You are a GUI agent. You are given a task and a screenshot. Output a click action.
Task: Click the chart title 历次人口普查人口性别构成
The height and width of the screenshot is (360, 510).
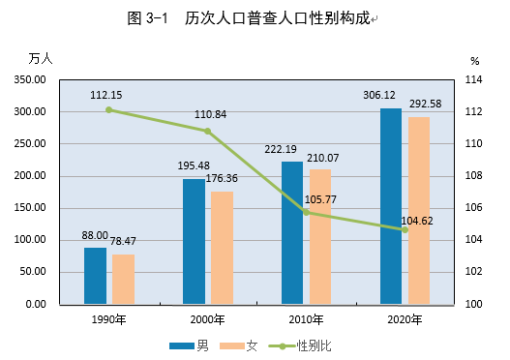tap(278, 18)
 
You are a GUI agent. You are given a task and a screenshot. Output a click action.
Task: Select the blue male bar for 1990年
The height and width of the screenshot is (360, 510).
tap(95, 276)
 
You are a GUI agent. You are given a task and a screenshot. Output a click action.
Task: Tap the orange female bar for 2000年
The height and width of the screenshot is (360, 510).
tap(223, 248)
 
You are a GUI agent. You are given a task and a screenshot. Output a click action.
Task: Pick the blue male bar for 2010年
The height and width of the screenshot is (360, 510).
tap(292, 233)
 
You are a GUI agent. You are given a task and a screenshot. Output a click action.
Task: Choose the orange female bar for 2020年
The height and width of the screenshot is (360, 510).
tap(419, 210)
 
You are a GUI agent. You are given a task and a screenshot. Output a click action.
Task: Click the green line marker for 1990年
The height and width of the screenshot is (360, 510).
tap(109, 110)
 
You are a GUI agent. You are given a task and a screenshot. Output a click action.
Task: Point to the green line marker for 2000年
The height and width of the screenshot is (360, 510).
tap(207, 131)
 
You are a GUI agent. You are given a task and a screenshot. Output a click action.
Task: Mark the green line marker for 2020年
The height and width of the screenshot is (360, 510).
tap(405, 230)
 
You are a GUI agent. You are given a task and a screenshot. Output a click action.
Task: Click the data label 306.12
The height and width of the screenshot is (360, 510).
tap(379, 95)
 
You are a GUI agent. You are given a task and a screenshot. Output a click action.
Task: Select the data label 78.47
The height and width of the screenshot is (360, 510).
tap(123, 241)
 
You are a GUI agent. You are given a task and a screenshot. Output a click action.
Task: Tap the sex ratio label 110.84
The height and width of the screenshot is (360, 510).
tap(210, 114)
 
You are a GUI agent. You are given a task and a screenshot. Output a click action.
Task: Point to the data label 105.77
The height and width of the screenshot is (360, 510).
tap(320, 199)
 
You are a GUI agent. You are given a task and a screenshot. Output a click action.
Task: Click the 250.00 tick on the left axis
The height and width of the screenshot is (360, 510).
tap(30, 143)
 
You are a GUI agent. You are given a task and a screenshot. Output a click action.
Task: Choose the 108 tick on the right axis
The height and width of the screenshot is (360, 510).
tap(473, 175)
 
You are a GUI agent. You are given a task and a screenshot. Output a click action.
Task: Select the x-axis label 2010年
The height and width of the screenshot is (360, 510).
tap(306, 319)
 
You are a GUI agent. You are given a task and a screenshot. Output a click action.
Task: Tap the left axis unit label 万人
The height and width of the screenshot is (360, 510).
tap(41, 59)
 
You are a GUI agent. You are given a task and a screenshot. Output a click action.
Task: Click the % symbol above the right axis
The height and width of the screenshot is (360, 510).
tap(475, 61)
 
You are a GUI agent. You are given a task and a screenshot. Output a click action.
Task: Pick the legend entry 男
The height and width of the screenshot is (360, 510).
tap(189, 345)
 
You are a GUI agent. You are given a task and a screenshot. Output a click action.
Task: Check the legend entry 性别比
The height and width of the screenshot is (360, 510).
tap(300, 345)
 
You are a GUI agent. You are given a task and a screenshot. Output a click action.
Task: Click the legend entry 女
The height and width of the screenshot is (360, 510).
tap(238, 345)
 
